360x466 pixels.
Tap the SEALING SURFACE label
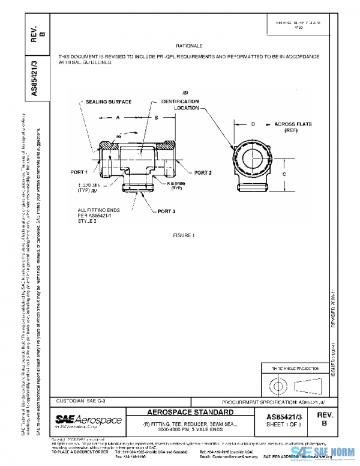[x=108, y=102]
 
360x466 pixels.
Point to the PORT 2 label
[x=203, y=173]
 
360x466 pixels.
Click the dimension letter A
[x=118, y=118]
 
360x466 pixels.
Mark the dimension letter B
[x=156, y=118]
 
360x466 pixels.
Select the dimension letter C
[x=284, y=173]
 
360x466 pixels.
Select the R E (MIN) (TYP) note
[x=176, y=186]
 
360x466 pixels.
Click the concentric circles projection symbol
[x=277, y=383]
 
